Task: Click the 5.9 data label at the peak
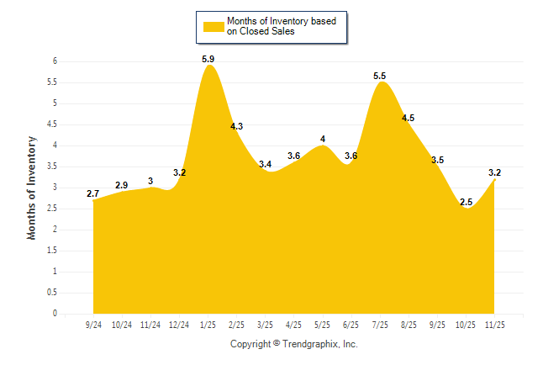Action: coord(208,59)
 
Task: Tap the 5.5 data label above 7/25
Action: coord(380,77)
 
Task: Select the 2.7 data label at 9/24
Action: coord(93,194)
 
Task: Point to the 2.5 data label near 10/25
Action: coord(467,202)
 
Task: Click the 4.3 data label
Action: coord(237,126)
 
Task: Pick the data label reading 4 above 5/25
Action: coord(323,139)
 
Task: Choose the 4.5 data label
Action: coord(409,118)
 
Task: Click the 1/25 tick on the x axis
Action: coord(208,325)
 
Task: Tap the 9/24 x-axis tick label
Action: coord(94,325)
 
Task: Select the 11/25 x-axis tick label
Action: coord(494,325)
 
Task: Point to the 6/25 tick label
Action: coord(351,325)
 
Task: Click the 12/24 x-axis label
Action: coord(180,325)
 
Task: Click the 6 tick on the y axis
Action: coord(54,61)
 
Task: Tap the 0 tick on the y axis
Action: coord(54,314)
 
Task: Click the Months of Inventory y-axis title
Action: coord(32,188)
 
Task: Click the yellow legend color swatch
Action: coord(213,26)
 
